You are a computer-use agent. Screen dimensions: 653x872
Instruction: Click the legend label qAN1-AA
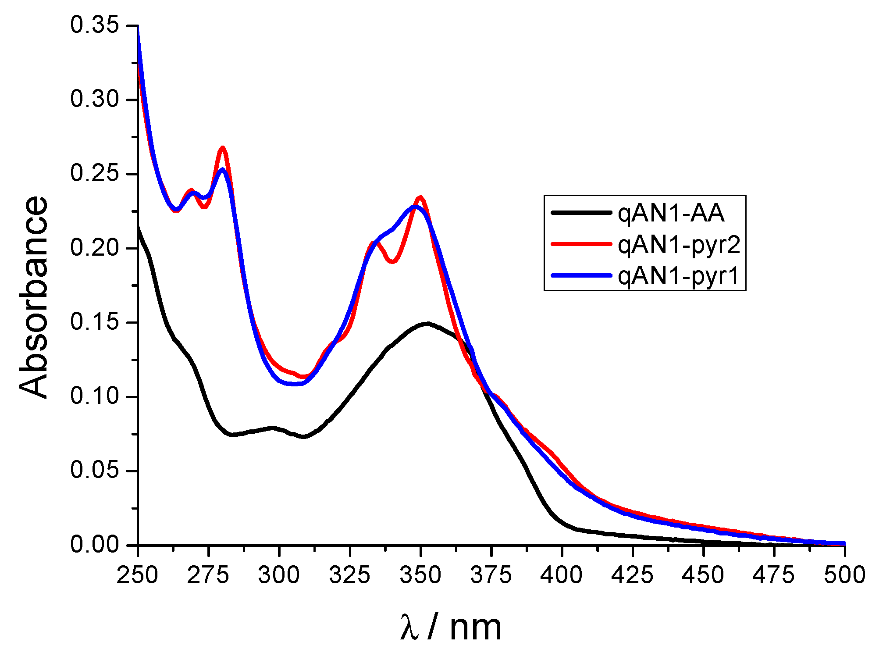[670, 214]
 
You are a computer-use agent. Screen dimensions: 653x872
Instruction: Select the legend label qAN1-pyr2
[679, 245]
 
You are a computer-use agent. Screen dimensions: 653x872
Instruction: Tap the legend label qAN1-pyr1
[679, 276]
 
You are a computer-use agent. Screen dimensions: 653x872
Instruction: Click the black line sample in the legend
[581, 213]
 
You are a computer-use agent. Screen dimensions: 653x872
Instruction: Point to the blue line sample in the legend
[581, 275]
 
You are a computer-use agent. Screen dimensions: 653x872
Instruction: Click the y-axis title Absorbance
[34, 297]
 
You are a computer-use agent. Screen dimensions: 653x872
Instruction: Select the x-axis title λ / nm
[451, 628]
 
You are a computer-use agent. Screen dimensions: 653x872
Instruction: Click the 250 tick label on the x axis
[137, 575]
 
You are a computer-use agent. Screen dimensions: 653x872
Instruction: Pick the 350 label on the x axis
[420, 575]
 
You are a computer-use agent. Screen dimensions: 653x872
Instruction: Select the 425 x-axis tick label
[632, 575]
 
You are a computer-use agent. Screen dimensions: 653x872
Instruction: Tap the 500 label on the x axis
[844, 575]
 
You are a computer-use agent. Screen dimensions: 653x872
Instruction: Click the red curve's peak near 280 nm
[223, 148]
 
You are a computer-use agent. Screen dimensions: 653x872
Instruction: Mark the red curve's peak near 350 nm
[420, 197]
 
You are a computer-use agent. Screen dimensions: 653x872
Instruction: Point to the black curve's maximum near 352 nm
[427, 324]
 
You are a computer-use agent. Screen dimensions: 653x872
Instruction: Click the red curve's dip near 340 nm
[393, 262]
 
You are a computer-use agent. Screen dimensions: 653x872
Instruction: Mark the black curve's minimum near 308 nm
[303, 437]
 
